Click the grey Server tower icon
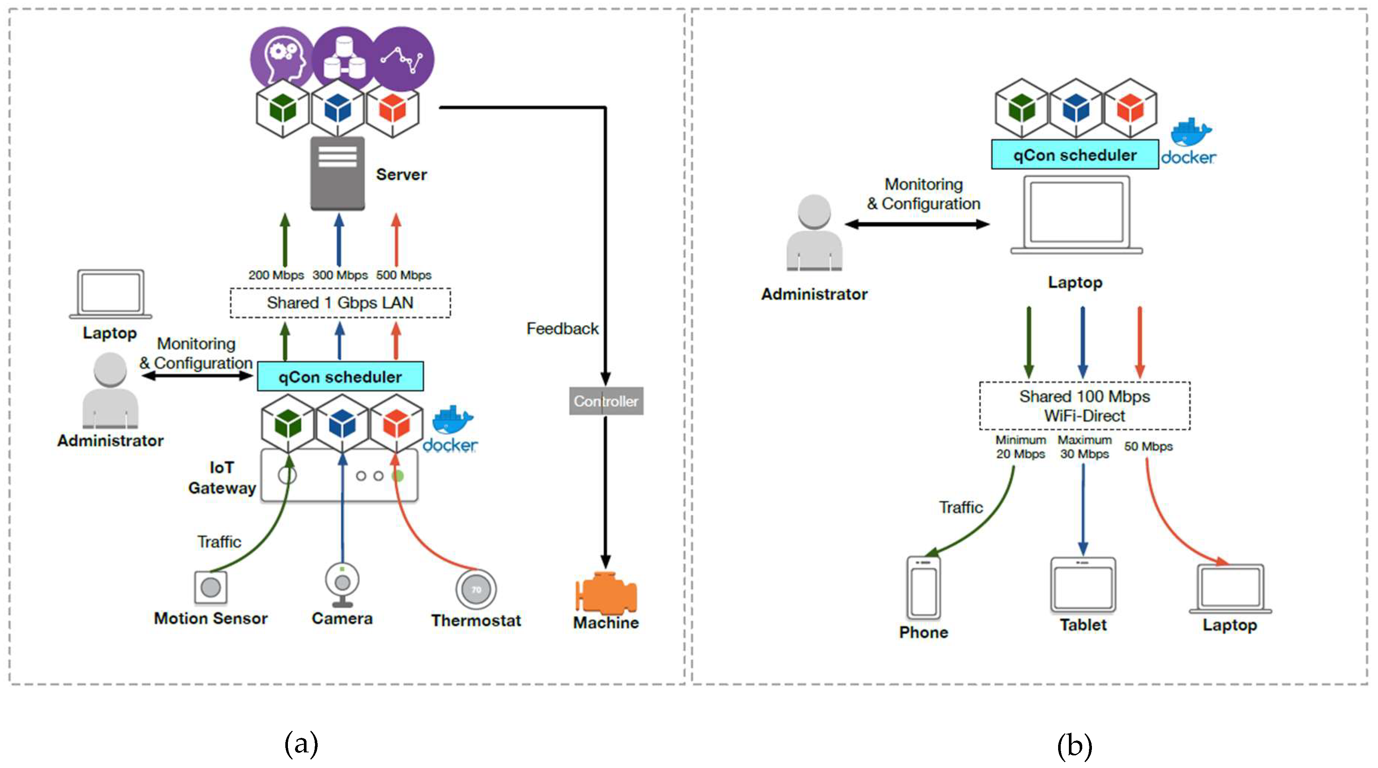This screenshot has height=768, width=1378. pos(338,173)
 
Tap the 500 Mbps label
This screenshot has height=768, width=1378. pos(404,275)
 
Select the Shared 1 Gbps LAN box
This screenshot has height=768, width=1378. pos(340,303)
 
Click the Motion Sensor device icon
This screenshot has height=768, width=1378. pos(211,587)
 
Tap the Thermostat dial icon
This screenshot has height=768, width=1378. pos(476,589)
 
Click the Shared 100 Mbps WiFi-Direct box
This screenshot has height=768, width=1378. pos(1084,406)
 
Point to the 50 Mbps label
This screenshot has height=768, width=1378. pos(1148,446)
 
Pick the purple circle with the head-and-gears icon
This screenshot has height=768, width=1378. pos(282,58)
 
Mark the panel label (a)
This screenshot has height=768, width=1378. pos(301,743)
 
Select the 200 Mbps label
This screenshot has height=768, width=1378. pos(276,275)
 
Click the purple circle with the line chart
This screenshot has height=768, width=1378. pos(402,58)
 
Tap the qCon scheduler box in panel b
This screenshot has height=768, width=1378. pos(1075,155)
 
